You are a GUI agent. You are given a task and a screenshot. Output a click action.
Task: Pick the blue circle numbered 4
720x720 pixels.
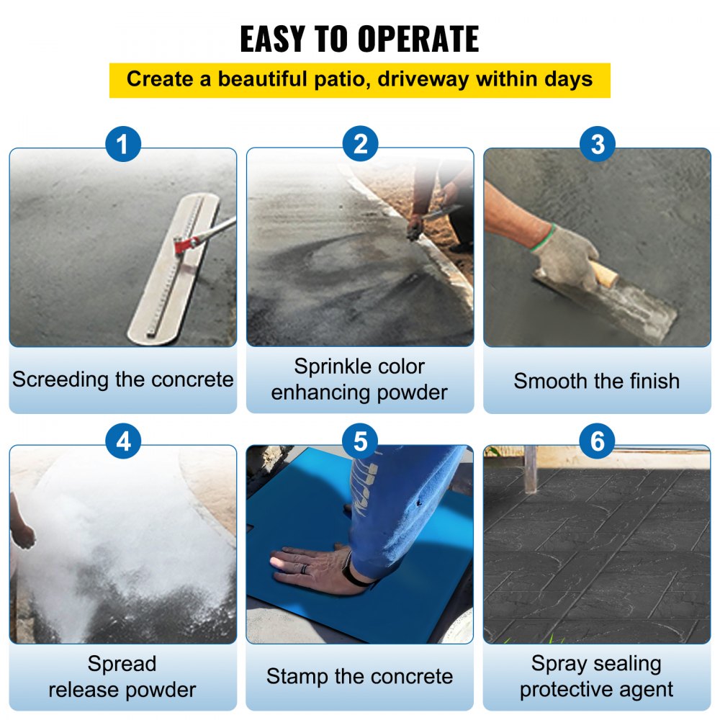[x=123, y=441]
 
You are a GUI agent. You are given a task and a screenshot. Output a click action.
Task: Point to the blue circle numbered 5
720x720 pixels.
[x=360, y=441]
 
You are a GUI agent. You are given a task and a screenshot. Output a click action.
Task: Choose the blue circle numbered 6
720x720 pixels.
[x=597, y=441]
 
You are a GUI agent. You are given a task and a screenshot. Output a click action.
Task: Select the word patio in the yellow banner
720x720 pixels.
[x=330, y=79]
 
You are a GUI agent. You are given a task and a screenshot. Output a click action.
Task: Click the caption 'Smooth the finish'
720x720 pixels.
[x=596, y=381]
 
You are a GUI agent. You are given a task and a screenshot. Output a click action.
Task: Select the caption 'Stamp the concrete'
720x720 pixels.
[x=359, y=677]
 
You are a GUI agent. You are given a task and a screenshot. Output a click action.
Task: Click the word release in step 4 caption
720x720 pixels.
[x=81, y=690]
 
